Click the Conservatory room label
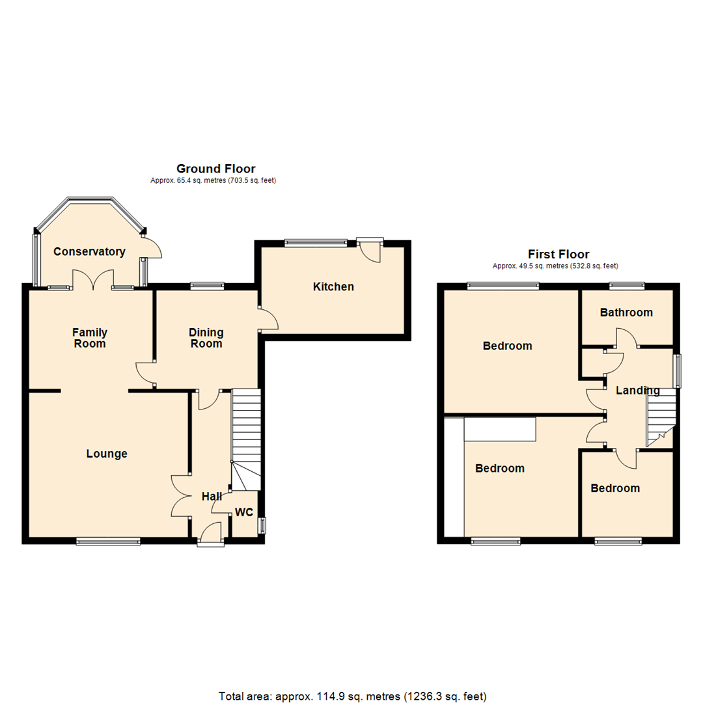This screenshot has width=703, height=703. pos(89,252)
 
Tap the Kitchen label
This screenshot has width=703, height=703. pos(333,286)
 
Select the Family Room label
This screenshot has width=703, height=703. pos(90,338)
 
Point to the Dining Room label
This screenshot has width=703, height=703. pos(206,338)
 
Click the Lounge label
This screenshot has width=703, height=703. pos(107,454)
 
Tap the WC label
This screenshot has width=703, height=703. pos(244,512)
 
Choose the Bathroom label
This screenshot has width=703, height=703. pos(626,312)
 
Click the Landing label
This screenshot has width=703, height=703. pos(638,391)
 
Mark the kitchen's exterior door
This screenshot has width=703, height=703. pos(371,251)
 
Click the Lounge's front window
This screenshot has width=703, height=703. pos(108,540)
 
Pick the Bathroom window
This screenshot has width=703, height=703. pos(626,285)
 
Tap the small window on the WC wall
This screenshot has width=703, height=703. pos(262,525)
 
